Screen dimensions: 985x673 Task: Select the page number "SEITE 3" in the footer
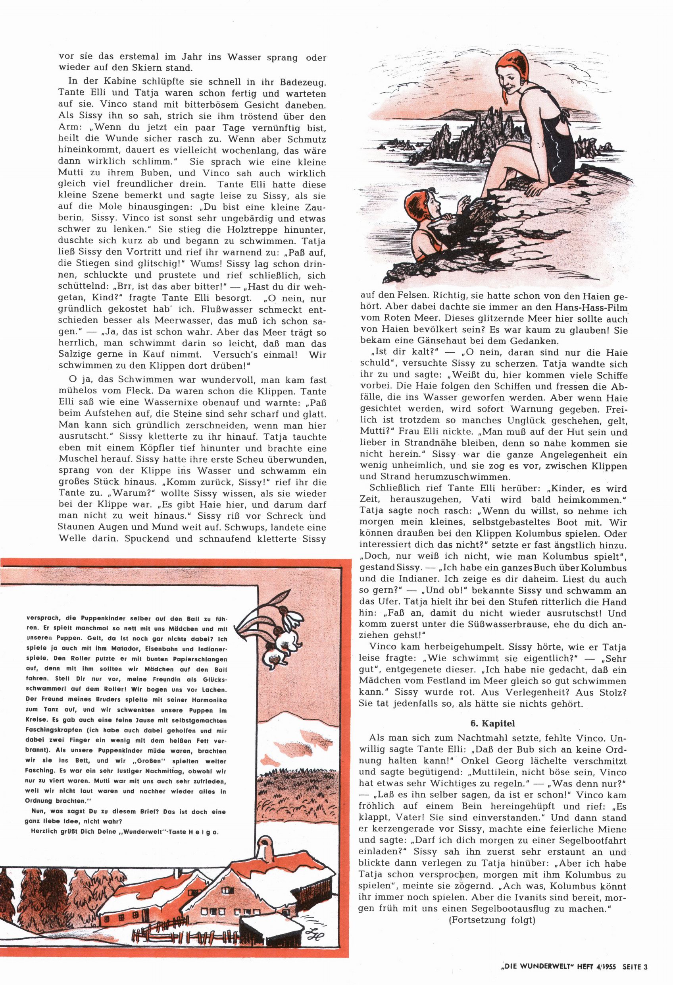coord(635,966)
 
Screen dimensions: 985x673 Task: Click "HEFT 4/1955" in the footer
coord(595,966)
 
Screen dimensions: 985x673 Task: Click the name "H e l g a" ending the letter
coord(206,831)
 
